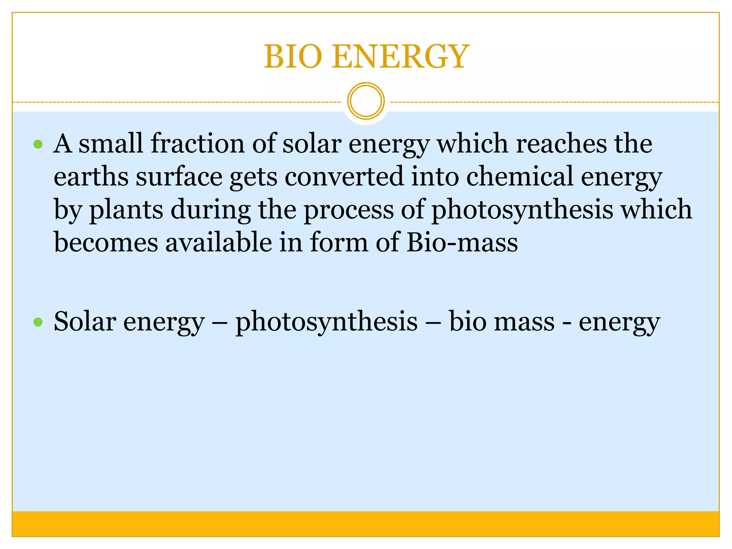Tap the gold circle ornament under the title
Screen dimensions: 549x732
tap(366, 101)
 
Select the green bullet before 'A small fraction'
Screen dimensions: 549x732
tap(38, 144)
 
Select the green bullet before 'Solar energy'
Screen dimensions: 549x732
tap(38, 322)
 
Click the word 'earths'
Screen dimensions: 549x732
tap(91, 176)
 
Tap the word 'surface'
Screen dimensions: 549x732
tap(179, 176)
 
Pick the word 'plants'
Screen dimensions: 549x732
tap(126, 210)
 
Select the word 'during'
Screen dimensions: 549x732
tap(211, 210)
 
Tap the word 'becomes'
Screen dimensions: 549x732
tap(106, 242)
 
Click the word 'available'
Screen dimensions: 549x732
tap(218, 242)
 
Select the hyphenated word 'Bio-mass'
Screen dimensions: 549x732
tap(462, 242)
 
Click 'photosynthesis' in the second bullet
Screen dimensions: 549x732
tap(326, 322)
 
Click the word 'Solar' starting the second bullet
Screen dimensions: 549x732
tap(85, 321)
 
